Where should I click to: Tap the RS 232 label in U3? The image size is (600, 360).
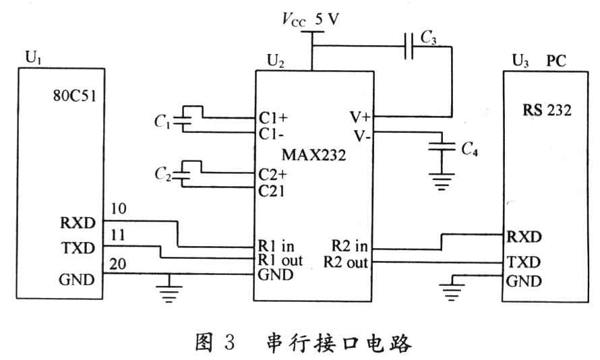click(x=547, y=111)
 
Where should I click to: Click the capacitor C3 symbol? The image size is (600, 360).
click(x=409, y=47)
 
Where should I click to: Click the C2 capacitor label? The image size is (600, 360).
click(x=161, y=175)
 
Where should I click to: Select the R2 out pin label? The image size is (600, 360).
click(x=346, y=262)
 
